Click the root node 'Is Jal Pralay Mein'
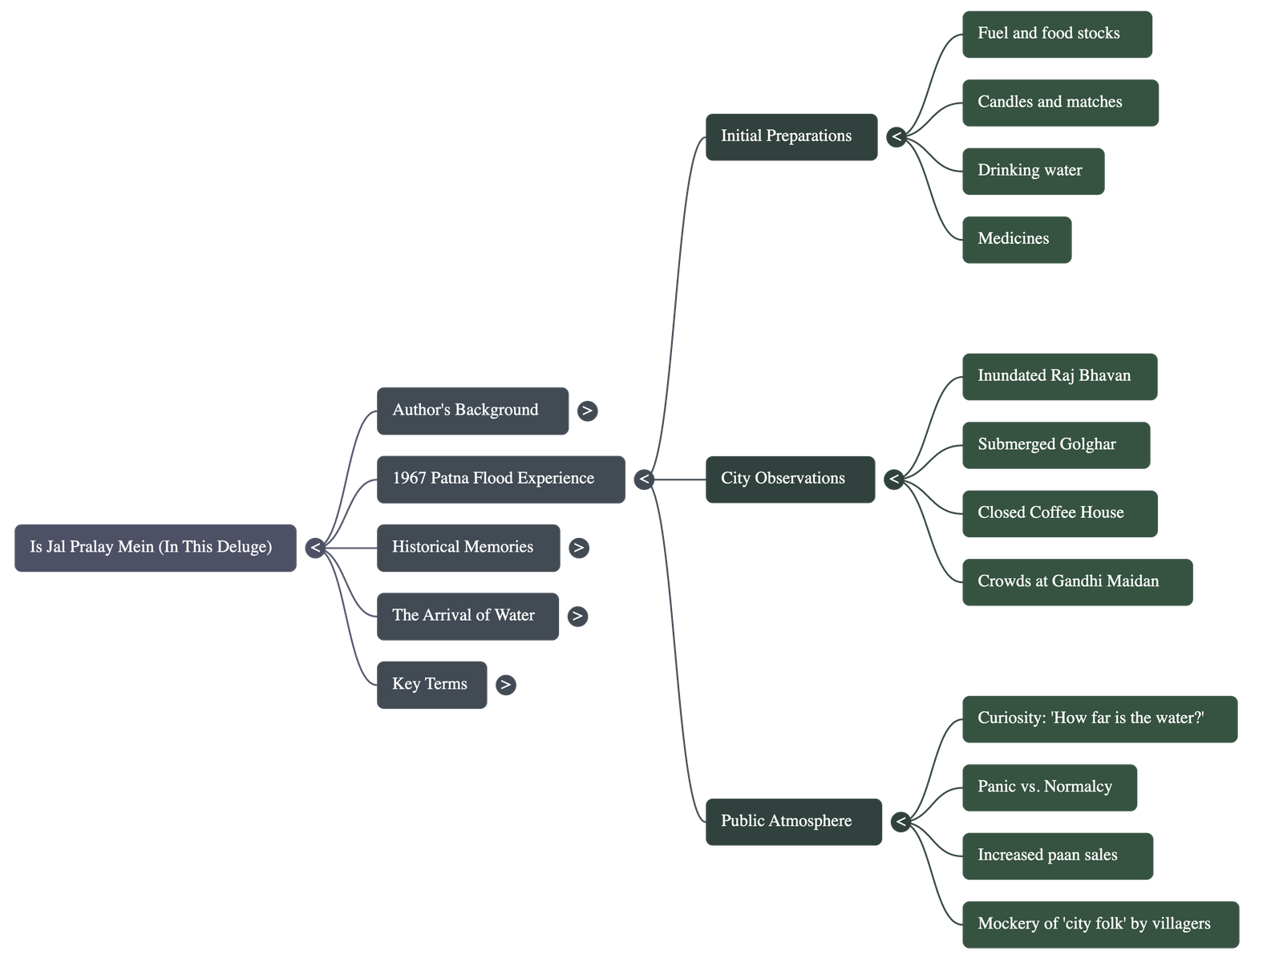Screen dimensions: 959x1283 click(x=155, y=548)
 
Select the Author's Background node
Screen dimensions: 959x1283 click(x=472, y=411)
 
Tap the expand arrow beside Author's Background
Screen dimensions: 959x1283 click(x=587, y=411)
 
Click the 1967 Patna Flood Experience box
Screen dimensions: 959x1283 click(x=500, y=479)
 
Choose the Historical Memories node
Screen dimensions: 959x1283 click(x=468, y=548)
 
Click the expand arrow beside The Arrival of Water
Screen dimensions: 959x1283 click(x=577, y=616)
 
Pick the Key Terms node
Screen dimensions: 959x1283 click(x=431, y=685)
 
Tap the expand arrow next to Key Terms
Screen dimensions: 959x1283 click(x=505, y=685)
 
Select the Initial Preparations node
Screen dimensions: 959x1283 click(x=791, y=136)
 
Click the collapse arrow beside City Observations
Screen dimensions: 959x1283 click(x=894, y=479)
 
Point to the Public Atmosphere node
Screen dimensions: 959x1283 click(x=793, y=821)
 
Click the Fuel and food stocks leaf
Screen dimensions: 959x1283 click(x=1056, y=34)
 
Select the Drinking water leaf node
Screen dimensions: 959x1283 click(x=1033, y=171)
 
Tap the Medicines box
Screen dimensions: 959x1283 click(x=1016, y=239)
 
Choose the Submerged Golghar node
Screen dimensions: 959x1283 click(x=1055, y=445)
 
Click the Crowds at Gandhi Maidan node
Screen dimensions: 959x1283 click(x=1077, y=582)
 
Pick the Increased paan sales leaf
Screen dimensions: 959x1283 click(x=1058, y=856)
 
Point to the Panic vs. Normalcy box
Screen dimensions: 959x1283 click(x=1049, y=787)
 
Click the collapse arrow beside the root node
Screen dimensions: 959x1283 click(x=315, y=548)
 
